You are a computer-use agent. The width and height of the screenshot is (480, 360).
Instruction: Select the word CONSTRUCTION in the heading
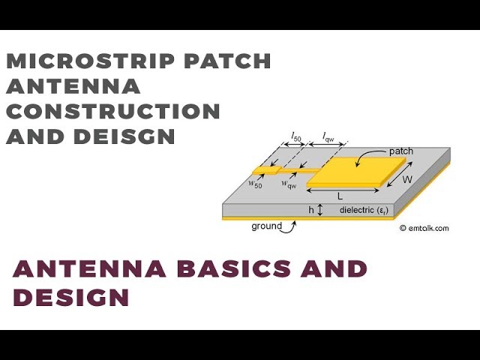[x=113, y=111]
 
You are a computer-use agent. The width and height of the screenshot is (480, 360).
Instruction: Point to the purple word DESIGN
[x=71, y=297]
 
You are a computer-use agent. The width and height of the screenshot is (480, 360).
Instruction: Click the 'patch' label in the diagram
[x=400, y=151]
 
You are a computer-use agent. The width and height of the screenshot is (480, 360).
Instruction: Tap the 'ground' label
[x=266, y=226]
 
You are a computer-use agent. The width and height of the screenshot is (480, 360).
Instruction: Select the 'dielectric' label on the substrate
[x=363, y=210]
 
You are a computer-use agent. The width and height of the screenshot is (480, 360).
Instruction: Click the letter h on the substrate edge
[x=311, y=210]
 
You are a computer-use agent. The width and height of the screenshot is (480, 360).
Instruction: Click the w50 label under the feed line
[x=256, y=184]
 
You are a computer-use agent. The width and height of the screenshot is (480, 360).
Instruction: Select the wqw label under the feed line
[x=287, y=183]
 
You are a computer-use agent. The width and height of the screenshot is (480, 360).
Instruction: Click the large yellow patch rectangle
[x=349, y=172]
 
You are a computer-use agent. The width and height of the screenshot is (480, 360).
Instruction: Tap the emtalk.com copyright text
[x=424, y=228]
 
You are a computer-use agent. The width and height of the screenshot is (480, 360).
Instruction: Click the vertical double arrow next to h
[x=321, y=211]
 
